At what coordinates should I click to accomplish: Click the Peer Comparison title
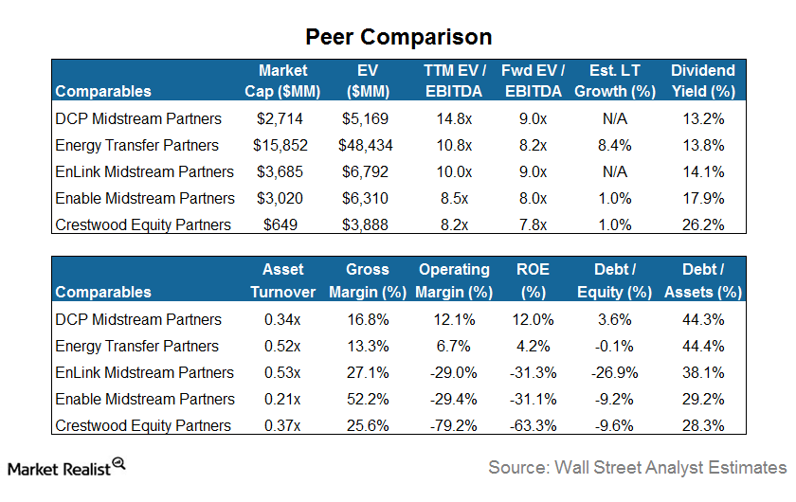pyautogui.click(x=398, y=37)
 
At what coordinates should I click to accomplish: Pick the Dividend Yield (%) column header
pyautogui.click(x=702, y=81)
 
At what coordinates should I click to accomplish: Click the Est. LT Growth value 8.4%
pyautogui.click(x=615, y=145)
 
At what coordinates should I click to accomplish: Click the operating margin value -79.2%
pyautogui.click(x=454, y=425)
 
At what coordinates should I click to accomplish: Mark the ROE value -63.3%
pyautogui.click(x=534, y=425)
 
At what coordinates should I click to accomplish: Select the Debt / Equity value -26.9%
pyautogui.click(x=615, y=372)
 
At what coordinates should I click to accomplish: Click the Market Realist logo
pyautogui.click(x=67, y=466)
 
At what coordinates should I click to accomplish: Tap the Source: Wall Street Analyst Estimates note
pyautogui.click(x=637, y=467)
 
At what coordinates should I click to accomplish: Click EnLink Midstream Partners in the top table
pyautogui.click(x=144, y=171)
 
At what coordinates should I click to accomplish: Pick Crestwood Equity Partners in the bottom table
pyautogui.click(x=143, y=425)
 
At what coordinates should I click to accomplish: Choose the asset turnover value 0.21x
pyautogui.click(x=281, y=399)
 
